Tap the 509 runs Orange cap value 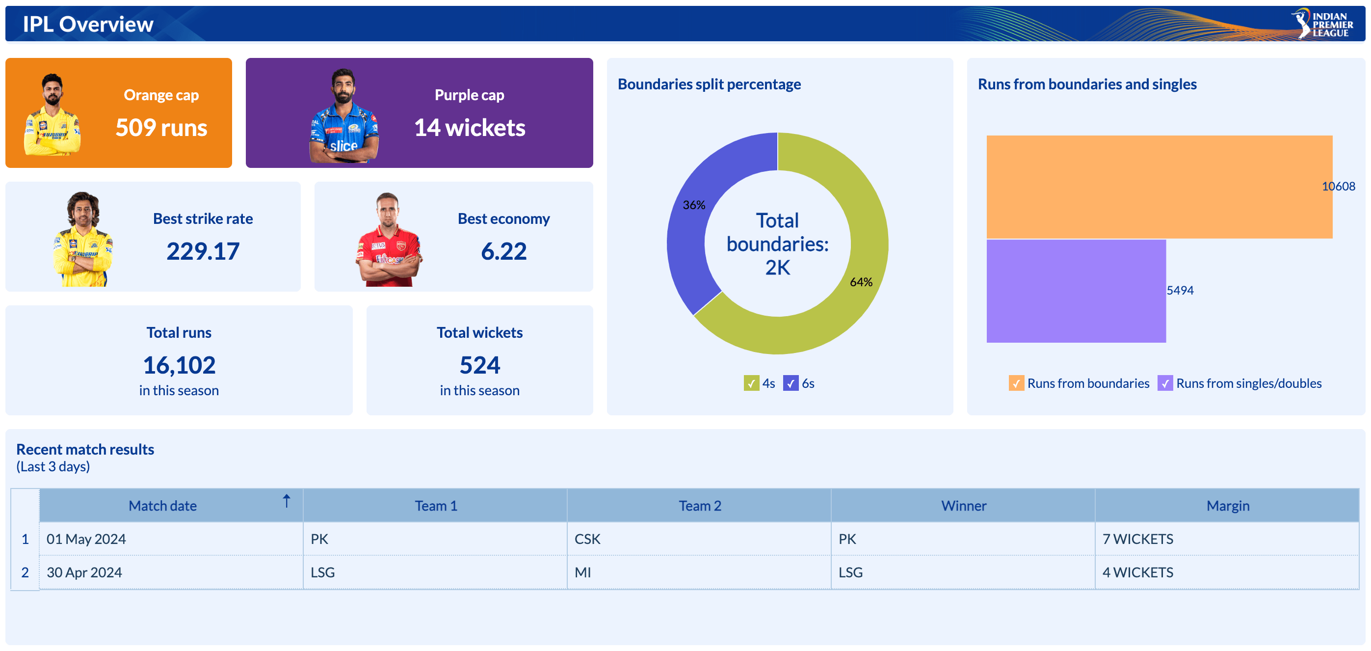click(161, 128)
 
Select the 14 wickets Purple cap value click(470, 128)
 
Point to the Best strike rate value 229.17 click(203, 251)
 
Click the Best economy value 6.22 click(503, 251)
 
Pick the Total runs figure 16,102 click(179, 365)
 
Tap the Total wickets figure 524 click(479, 365)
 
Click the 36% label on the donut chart click(693, 205)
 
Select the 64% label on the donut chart click(861, 282)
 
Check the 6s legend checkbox click(791, 383)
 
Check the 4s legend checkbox click(751, 383)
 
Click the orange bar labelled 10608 click(1159, 186)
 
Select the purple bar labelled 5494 click(1076, 291)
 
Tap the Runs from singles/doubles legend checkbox click(1165, 383)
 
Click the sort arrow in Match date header click(287, 501)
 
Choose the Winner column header click(963, 506)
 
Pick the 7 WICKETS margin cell click(1138, 539)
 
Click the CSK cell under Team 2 click(587, 539)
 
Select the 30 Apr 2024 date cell click(84, 572)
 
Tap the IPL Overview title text click(88, 24)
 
